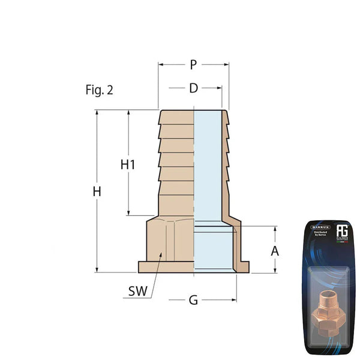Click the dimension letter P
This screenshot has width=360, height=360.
[193, 64]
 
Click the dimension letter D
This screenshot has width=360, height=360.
[193, 88]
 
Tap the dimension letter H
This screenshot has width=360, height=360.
[97, 192]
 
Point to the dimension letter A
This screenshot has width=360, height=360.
[275, 251]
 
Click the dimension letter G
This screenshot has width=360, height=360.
[193, 299]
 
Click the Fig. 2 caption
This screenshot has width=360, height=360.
[99, 91]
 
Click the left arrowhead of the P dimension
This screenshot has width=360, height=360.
[161, 64]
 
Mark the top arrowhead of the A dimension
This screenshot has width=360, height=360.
[275, 229]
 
